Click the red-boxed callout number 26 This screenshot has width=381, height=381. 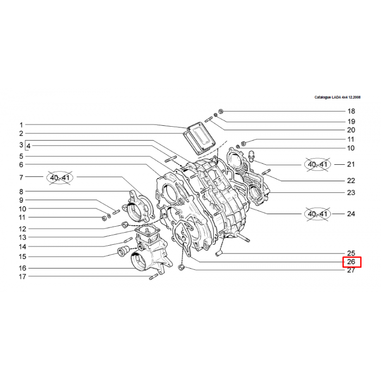351,261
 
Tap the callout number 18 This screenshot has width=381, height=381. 351,111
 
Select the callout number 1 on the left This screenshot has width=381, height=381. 21,125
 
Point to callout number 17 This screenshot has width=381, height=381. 22,277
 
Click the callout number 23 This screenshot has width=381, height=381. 351,192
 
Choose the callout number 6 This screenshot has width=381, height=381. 21,164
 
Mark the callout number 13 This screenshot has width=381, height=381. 22,237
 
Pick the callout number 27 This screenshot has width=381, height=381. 351,270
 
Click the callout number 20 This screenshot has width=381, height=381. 351,130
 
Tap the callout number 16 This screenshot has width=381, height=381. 22,268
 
